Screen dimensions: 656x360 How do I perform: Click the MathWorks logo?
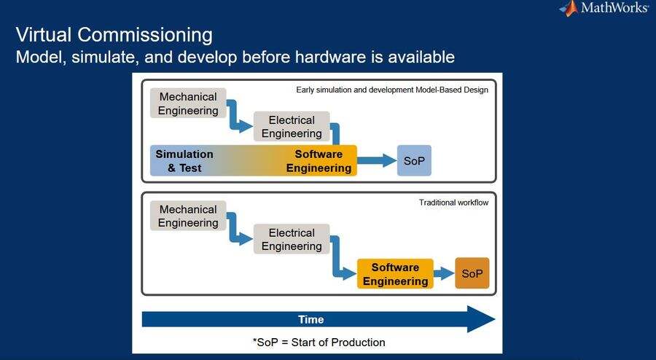(x=604, y=8)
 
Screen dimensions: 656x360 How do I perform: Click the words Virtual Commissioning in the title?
(x=114, y=35)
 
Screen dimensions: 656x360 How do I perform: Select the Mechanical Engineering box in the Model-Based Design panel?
(x=188, y=103)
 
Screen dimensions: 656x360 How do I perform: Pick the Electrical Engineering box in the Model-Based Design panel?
(x=292, y=126)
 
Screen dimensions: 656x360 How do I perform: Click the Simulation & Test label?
(x=184, y=161)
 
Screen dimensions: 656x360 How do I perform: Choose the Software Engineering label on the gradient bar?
(x=319, y=161)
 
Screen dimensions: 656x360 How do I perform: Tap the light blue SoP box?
(x=414, y=160)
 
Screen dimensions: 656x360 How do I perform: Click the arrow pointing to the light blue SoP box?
(x=377, y=160)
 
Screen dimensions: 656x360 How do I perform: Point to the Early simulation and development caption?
(x=392, y=90)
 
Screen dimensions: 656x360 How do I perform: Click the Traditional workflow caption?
(x=454, y=203)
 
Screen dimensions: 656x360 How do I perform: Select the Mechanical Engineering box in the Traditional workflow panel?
(x=188, y=216)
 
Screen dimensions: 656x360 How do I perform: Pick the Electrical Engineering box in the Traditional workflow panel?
(x=292, y=239)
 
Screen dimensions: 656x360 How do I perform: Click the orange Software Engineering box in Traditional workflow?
(x=395, y=274)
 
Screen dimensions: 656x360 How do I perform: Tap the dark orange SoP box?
(x=472, y=273)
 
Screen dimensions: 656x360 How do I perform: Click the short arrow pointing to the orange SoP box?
(x=444, y=274)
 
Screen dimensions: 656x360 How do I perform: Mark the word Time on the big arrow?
(x=311, y=319)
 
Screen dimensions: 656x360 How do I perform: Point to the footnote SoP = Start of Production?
(x=319, y=342)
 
